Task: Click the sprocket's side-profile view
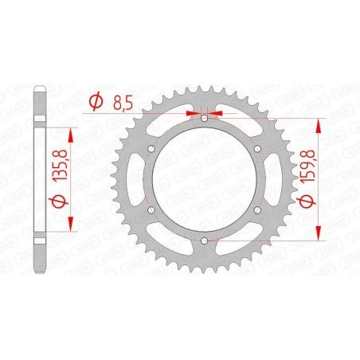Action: (41, 180)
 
